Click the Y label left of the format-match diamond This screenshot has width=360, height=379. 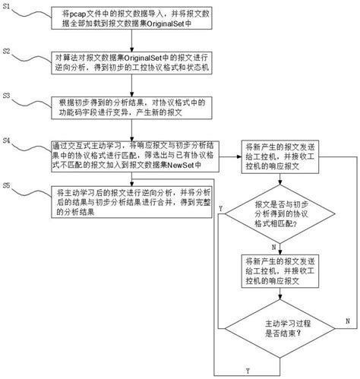pyautogui.click(x=219, y=207)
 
